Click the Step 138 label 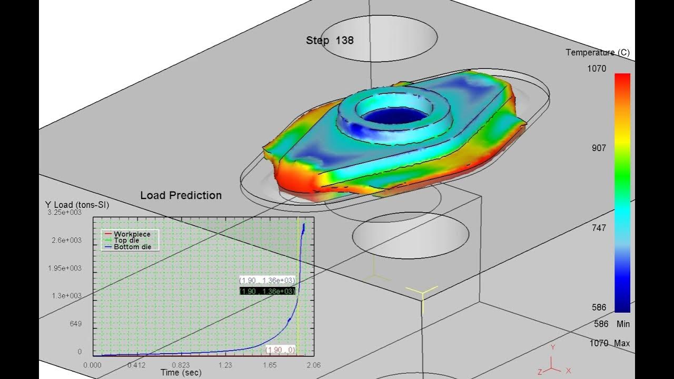tap(330, 41)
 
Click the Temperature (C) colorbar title tap(597, 53)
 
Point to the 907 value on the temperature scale tap(599, 148)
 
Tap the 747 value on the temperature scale tap(599, 228)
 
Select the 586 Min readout tap(611, 324)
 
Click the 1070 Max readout tap(609, 343)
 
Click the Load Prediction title tap(181, 195)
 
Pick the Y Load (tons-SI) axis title tap(77, 205)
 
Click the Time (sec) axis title tap(181, 373)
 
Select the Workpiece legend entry tap(132, 234)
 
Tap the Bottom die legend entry tap(132, 247)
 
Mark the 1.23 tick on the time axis tap(225, 365)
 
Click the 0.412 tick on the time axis tap(137, 365)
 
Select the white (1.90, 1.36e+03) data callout tap(267, 281)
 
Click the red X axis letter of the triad tap(568, 371)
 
